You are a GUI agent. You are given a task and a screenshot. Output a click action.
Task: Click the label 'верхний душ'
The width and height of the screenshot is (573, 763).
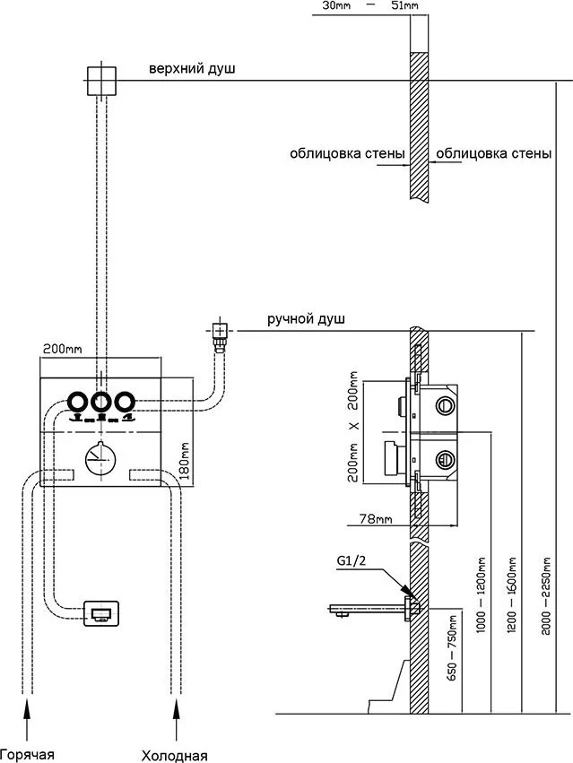[192, 69]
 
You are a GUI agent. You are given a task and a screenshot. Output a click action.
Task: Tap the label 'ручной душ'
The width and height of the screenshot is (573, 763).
[306, 319]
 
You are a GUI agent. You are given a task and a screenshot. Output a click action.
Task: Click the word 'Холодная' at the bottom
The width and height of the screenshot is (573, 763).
[174, 756]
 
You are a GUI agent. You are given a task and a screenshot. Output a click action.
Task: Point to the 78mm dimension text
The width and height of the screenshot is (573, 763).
[376, 519]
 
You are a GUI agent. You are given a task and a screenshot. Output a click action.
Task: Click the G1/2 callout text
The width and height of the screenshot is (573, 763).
[351, 561]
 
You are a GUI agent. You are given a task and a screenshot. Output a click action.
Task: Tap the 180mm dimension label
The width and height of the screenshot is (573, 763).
[185, 461]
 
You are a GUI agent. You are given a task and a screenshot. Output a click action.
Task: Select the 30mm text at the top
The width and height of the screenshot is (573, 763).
[336, 6]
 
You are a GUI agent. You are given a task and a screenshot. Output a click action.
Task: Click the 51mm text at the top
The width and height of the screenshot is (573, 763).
[404, 6]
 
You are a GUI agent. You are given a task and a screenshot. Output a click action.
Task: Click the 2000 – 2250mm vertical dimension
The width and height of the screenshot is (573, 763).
[546, 595]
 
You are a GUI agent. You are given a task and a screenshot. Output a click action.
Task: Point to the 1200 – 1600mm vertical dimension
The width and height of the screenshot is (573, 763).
[512, 595]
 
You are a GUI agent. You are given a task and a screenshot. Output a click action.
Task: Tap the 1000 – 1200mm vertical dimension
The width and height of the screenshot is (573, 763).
[481, 595]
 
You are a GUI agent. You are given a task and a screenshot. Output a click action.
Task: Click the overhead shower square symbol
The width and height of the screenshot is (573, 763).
[101, 81]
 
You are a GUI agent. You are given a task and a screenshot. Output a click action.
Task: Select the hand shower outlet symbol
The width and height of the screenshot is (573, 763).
[220, 334]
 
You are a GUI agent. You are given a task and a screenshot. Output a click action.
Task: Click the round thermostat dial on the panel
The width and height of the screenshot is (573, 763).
[100, 459]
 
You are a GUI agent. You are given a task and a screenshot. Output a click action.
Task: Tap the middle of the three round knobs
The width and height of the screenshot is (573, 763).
[100, 403]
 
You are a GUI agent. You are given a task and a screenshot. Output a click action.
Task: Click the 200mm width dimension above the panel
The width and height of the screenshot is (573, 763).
[62, 349]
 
